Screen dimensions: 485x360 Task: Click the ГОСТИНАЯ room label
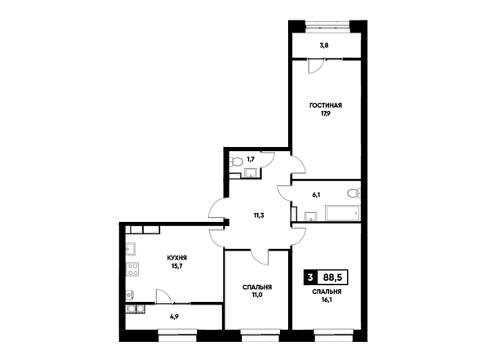coord(326,105)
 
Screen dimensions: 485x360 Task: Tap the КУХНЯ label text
coord(177,258)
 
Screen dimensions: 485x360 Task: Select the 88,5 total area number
coord(333,278)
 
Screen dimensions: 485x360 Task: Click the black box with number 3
coord(310,278)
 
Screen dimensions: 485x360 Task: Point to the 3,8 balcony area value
coord(324,45)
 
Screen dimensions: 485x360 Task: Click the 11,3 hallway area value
coord(259,216)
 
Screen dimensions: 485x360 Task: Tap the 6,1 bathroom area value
coord(316,195)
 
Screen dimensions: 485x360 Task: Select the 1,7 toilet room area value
coord(250,159)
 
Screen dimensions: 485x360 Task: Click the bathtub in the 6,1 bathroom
coord(342,213)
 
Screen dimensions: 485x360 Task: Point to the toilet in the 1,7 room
coord(236,162)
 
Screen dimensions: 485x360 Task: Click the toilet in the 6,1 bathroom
coord(354,193)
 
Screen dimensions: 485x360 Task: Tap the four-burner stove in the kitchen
coord(132,269)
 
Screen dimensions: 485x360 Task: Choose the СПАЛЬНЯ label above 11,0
coord(257,287)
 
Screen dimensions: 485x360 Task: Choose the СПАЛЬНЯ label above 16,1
coord(327,291)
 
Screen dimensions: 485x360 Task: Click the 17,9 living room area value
coord(326,113)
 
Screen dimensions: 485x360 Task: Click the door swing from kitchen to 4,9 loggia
coord(163,296)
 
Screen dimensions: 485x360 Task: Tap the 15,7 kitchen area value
coord(177,265)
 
